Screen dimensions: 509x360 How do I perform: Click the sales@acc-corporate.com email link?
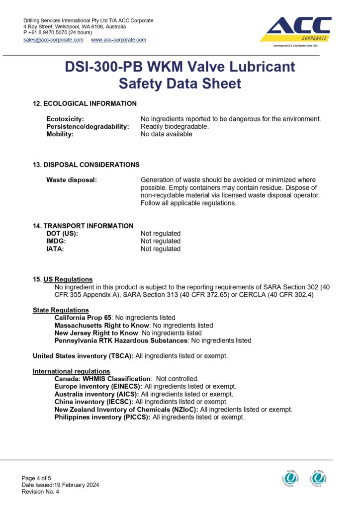[53, 40]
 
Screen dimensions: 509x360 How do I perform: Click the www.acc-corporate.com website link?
[118, 40]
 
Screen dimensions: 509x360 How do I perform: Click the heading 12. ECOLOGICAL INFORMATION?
[85, 103]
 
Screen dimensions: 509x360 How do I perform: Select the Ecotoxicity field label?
[65, 119]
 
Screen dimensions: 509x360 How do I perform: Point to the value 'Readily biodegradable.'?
[175, 126]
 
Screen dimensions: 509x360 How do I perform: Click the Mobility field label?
[60, 134]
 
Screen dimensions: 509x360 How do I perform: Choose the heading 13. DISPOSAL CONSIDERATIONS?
[86, 165]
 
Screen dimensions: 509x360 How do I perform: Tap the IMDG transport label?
[56, 241]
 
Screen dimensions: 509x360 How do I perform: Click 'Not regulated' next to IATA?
[161, 249]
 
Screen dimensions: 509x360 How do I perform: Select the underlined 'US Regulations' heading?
[68, 279]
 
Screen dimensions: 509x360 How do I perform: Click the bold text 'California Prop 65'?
[83, 317]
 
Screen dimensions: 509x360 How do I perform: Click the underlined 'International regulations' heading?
[72, 371]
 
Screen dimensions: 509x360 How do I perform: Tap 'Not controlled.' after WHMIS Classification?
[177, 379]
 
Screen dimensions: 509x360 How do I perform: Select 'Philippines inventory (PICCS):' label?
[102, 417]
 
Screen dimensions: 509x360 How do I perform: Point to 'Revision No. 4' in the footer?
[40, 492]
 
